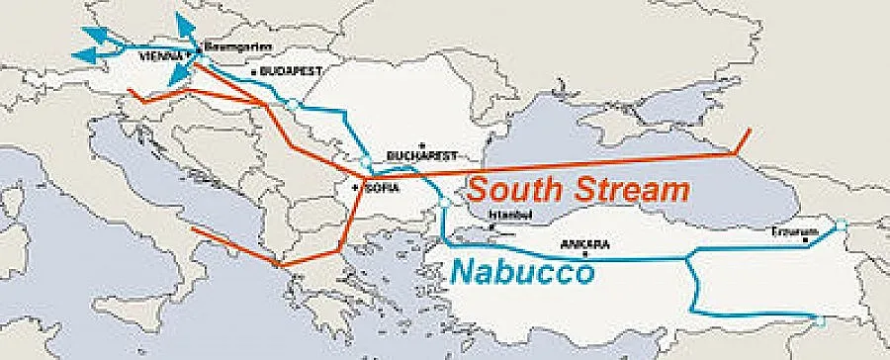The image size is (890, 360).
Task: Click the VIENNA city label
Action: click(x=161, y=57)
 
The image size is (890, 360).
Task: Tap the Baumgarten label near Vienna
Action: click(x=233, y=46)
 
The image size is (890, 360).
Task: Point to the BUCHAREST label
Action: click(x=422, y=156)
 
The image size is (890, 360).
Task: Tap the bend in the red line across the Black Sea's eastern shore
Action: click(x=733, y=154)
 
